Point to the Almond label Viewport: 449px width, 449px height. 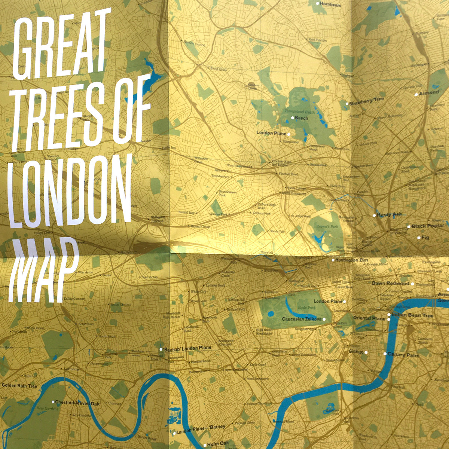(429, 93)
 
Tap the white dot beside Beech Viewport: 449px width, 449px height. (293, 118)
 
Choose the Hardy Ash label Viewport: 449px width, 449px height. (389, 214)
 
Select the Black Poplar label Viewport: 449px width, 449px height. (428, 226)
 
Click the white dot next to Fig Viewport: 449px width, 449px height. (419, 238)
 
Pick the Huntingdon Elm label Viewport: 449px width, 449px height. (352, 260)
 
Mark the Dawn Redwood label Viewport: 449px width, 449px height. (391, 283)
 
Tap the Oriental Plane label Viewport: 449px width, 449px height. (369, 318)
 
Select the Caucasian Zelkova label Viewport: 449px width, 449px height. (302, 319)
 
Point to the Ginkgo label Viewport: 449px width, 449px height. (356, 352)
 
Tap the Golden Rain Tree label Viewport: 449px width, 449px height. (19, 385)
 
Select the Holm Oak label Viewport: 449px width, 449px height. (218, 444)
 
